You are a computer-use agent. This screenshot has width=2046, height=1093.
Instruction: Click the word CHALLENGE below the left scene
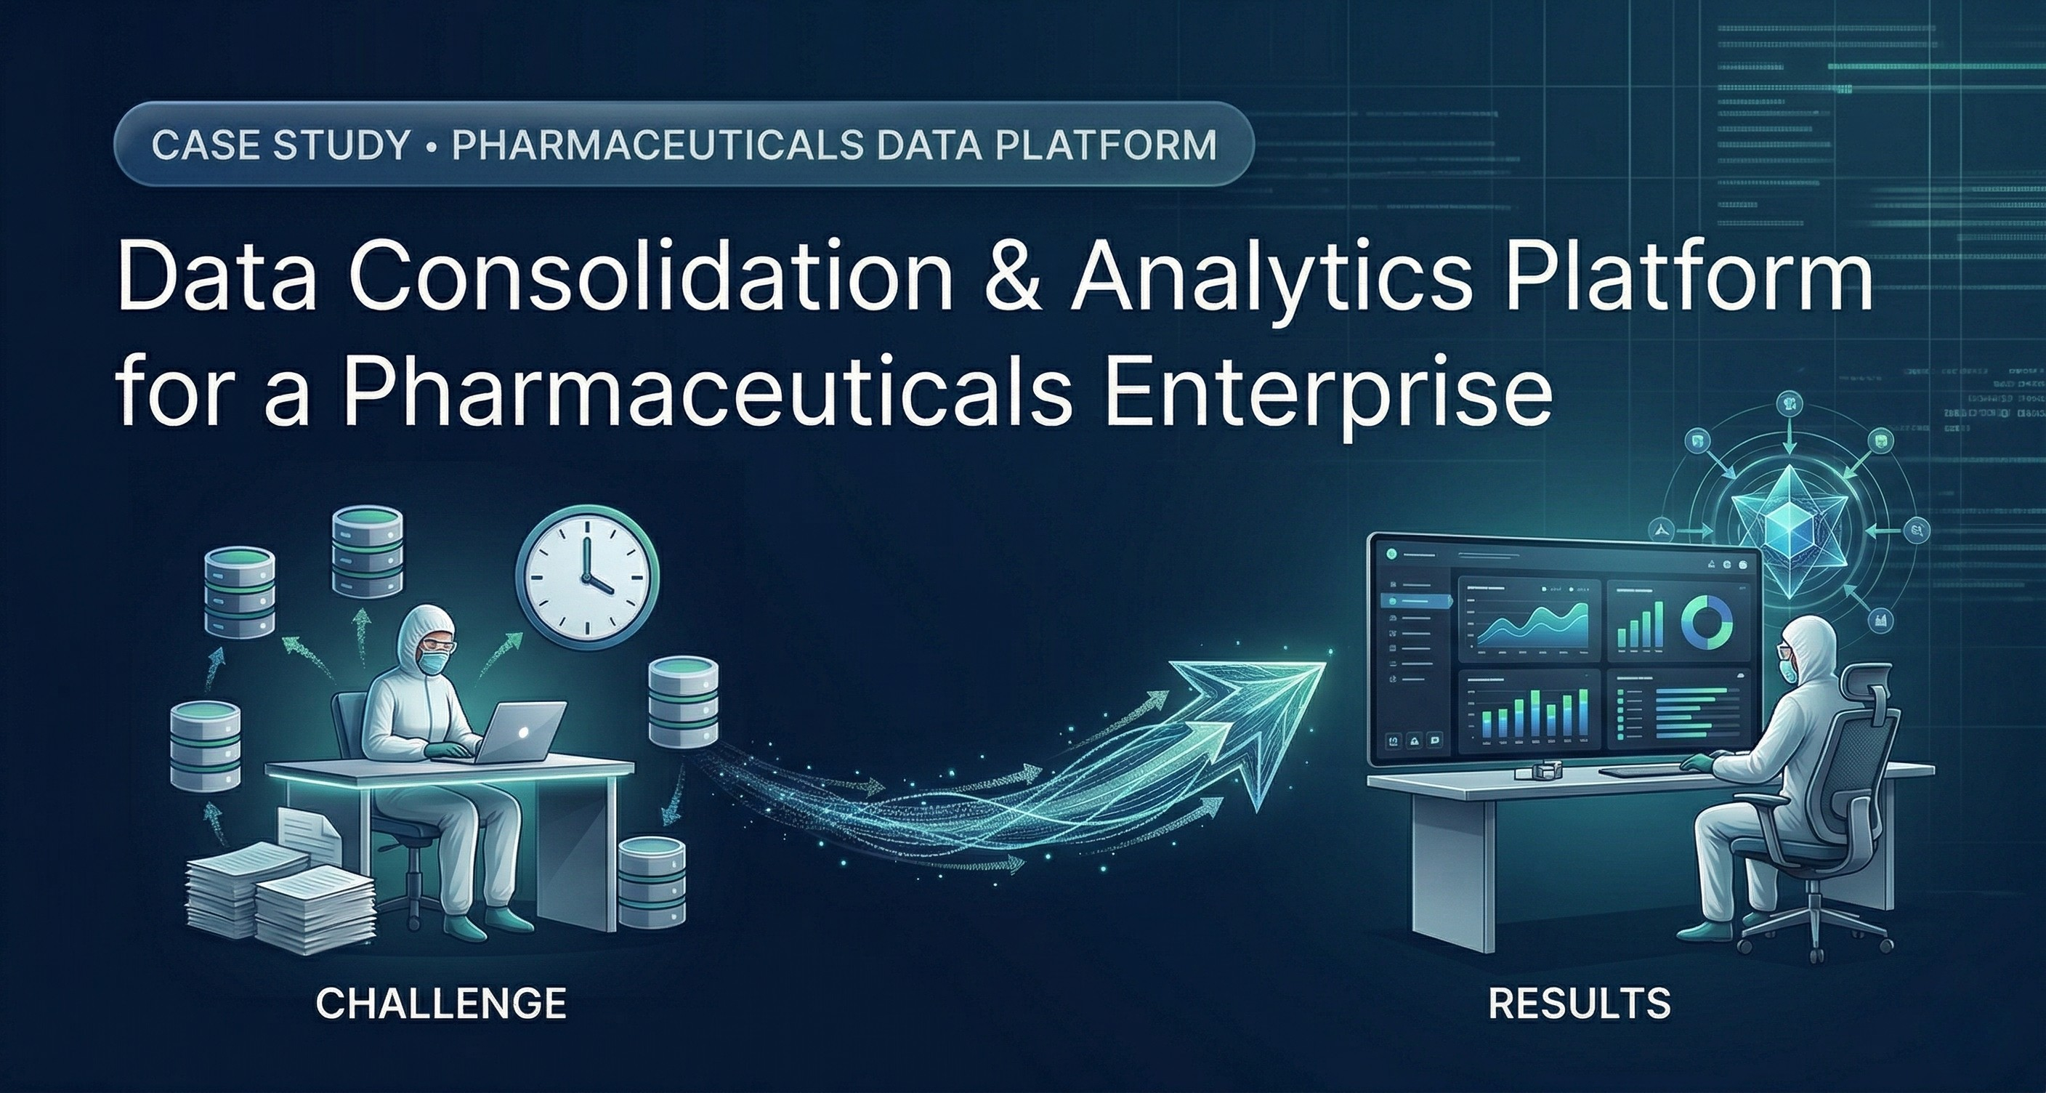click(441, 1004)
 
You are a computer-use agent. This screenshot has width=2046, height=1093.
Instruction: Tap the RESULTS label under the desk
click(1579, 1004)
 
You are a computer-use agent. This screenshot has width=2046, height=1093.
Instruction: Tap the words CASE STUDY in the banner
click(279, 147)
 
